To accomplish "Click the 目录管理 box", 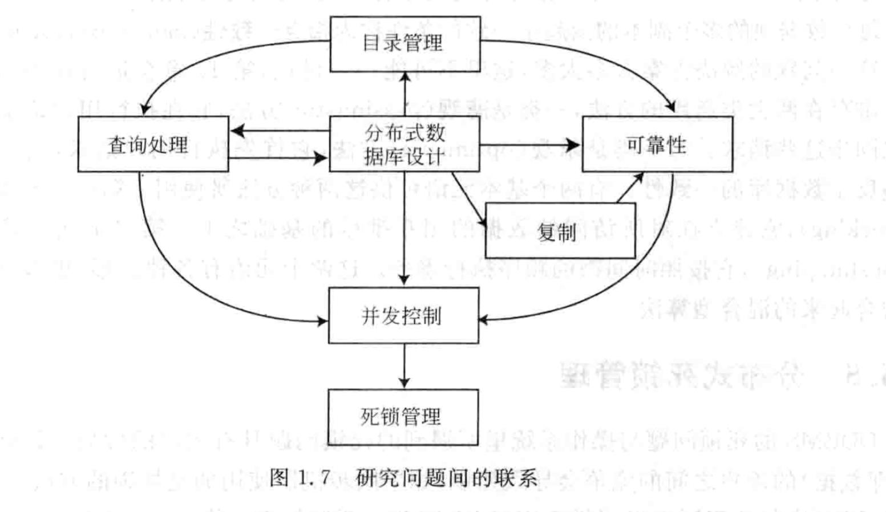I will (405, 44).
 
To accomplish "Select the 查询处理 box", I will (153, 144).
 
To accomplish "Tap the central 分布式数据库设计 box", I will (404, 144).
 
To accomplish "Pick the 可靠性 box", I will (657, 144).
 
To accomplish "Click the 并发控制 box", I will (403, 315).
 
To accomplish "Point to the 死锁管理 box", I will (403, 417).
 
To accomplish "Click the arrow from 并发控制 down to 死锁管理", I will (404, 366).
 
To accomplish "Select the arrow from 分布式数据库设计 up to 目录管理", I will (404, 94).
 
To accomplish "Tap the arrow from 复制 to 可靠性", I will (630, 188).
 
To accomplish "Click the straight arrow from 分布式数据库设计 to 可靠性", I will (531, 144).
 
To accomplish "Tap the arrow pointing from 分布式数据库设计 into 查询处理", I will (280, 131).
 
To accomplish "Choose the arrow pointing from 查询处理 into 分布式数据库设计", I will (280, 158).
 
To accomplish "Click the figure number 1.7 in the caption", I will (313, 477).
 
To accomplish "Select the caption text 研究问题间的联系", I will (447, 477).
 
